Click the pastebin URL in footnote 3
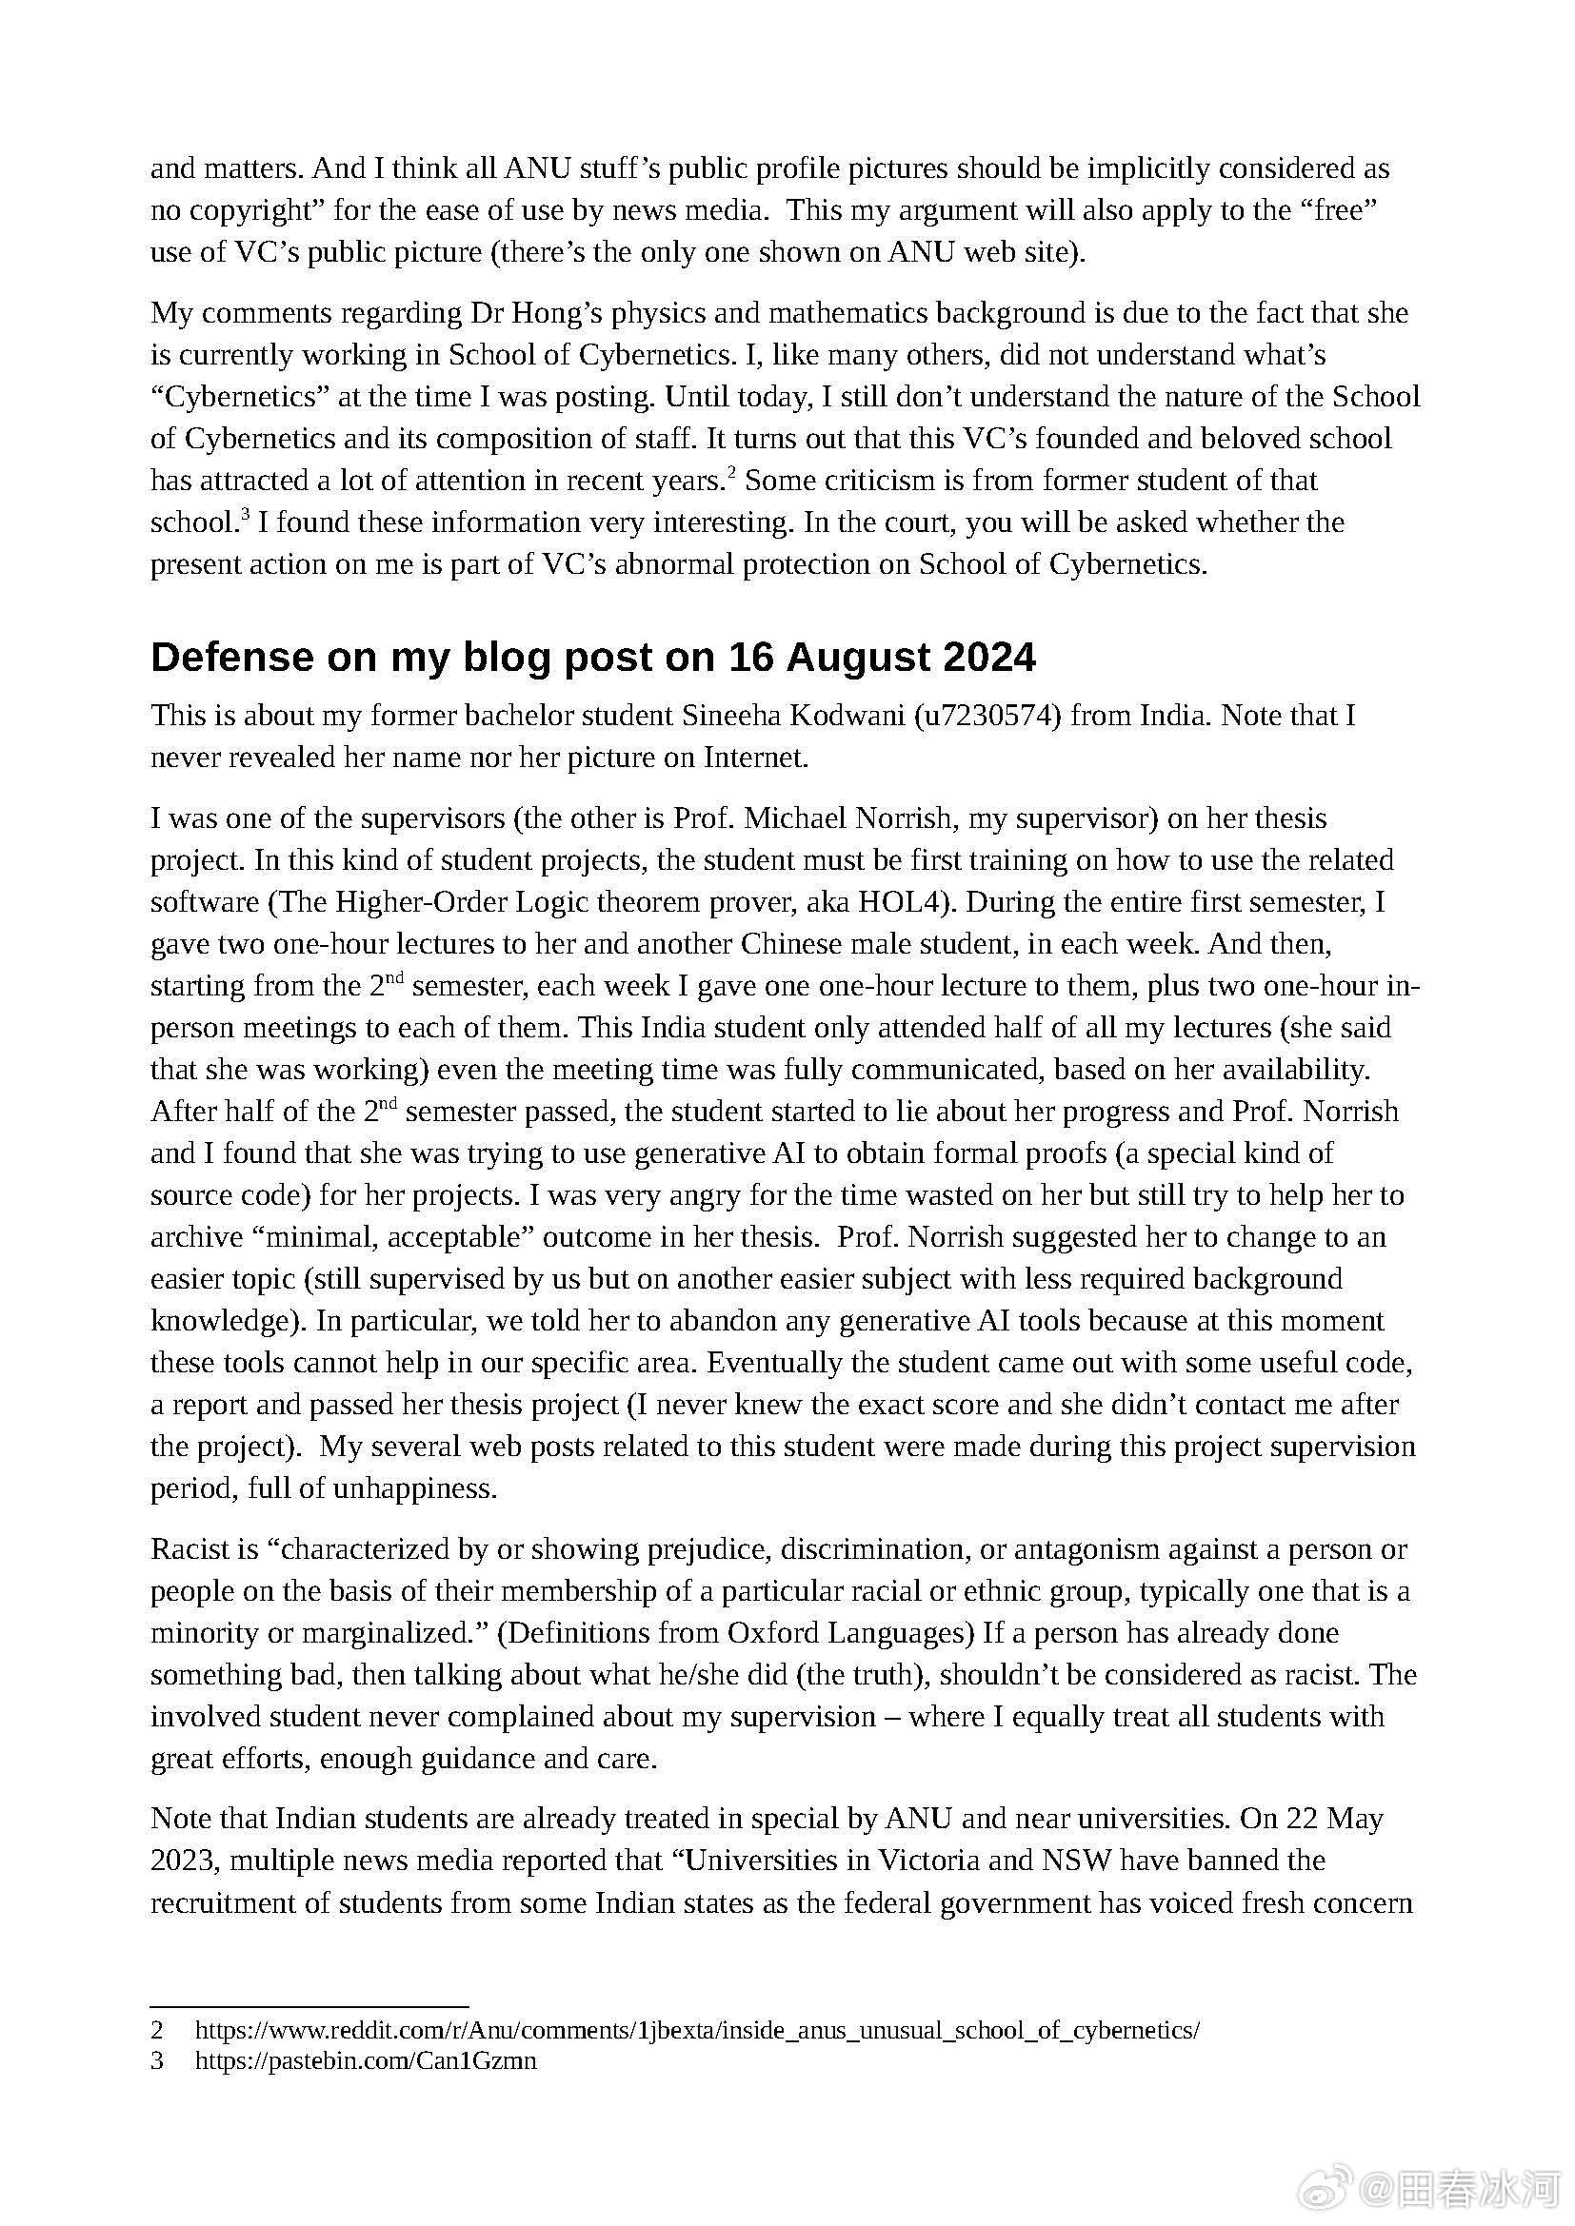tap(366, 2059)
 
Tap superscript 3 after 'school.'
tap(245, 514)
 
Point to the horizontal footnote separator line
tap(309, 2006)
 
